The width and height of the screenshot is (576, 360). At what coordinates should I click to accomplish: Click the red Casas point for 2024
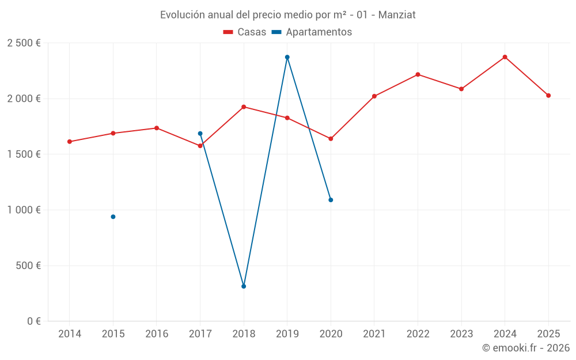[505, 57]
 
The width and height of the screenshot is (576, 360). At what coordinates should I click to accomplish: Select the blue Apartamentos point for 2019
[287, 57]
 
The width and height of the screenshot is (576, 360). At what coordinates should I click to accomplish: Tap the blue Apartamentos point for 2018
[244, 286]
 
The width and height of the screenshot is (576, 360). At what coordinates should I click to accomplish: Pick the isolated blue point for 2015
[113, 217]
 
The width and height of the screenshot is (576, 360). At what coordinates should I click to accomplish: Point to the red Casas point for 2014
[70, 142]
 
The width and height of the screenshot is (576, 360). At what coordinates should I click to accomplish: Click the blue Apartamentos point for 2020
[331, 200]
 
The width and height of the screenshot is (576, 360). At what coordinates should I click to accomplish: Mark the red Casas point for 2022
[418, 74]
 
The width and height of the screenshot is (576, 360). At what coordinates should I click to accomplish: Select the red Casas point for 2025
[548, 96]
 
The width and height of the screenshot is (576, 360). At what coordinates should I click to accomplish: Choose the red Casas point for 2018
[244, 107]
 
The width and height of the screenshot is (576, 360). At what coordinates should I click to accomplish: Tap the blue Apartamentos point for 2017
[200, 134]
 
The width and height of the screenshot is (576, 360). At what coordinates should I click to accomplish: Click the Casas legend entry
[245, 32]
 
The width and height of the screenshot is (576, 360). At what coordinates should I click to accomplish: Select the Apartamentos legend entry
[312, 32]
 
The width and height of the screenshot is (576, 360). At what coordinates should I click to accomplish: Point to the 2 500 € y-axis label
[24, 43]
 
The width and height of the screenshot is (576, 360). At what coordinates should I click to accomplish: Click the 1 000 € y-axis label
[24, 210]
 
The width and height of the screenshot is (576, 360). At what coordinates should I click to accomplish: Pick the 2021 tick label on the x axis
[374, 334]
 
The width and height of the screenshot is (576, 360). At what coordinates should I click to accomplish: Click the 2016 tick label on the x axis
[157, 334]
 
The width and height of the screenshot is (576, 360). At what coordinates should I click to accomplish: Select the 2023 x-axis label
[461, 334]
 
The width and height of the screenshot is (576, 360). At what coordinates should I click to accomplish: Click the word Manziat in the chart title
[397, 15]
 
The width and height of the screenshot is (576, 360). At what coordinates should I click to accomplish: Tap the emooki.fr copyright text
[526, 348]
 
